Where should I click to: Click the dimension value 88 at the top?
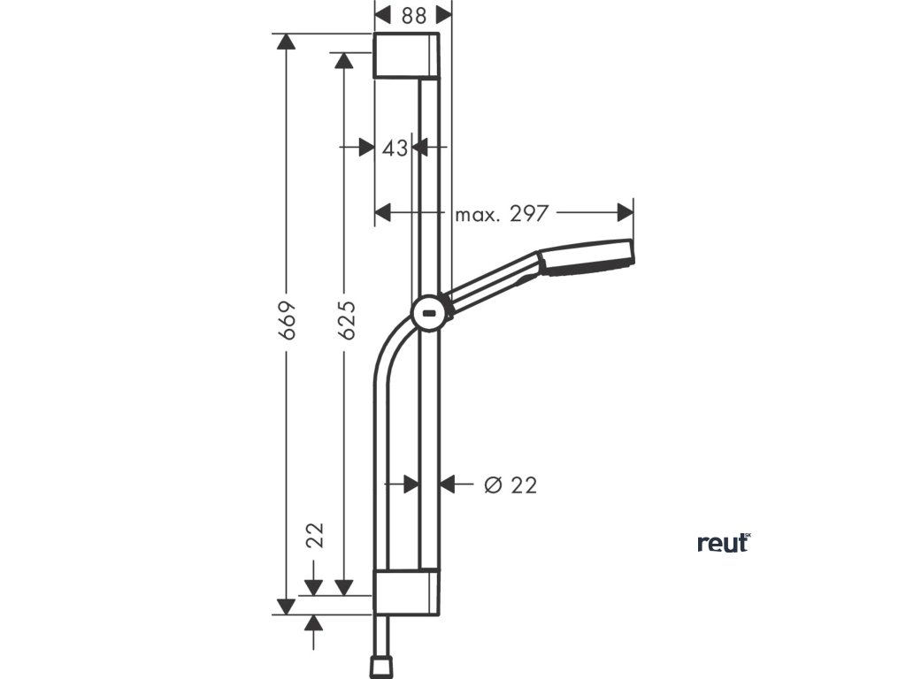click(x=414, y=15)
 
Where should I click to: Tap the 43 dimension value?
click(x=395, y=149)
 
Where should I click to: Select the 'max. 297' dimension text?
click(x=503, y=213)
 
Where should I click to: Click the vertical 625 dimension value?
click(x=346, y=318)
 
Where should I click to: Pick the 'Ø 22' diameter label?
click(x=511, y=484)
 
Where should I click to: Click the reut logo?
click(x=723, y=543)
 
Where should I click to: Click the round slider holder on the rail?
click(x=430, y=313)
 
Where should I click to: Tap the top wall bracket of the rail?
click(x=406, y=56)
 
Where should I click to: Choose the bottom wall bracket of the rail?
click(x=406, y=591)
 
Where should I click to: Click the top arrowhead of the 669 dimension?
click(x=286, y=42)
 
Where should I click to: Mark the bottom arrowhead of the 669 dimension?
click(x=286, y=606)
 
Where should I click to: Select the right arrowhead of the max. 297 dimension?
click(x=626, y=212)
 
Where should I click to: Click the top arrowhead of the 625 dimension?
click(x=344, y=59)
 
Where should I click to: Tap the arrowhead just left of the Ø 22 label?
click(x=449, y=484)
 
